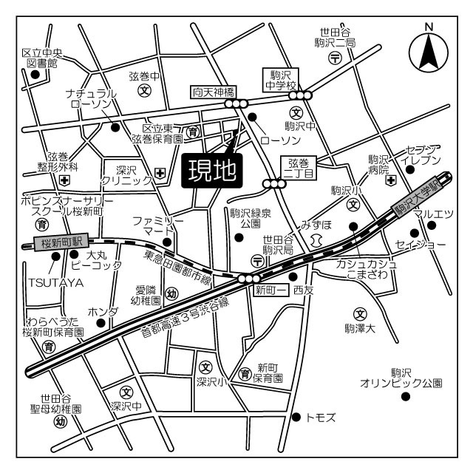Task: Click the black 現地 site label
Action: click(x=212, y=170)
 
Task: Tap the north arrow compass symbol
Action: click(x=429, y=50)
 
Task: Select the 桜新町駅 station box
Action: click(x=61, y=242)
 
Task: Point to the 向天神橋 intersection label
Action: click(x=214, y=92)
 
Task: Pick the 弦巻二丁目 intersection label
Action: click(x=301, y=168)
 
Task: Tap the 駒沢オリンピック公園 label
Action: click(x=401, y=378)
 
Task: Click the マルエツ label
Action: click(x=432, y=214)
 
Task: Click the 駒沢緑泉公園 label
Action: click(x=250, y=218)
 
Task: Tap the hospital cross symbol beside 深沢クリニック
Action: click(x=160, y=174)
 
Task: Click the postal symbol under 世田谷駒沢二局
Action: click(x=334, y=58)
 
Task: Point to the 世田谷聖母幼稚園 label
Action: click(x=61, y=403)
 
